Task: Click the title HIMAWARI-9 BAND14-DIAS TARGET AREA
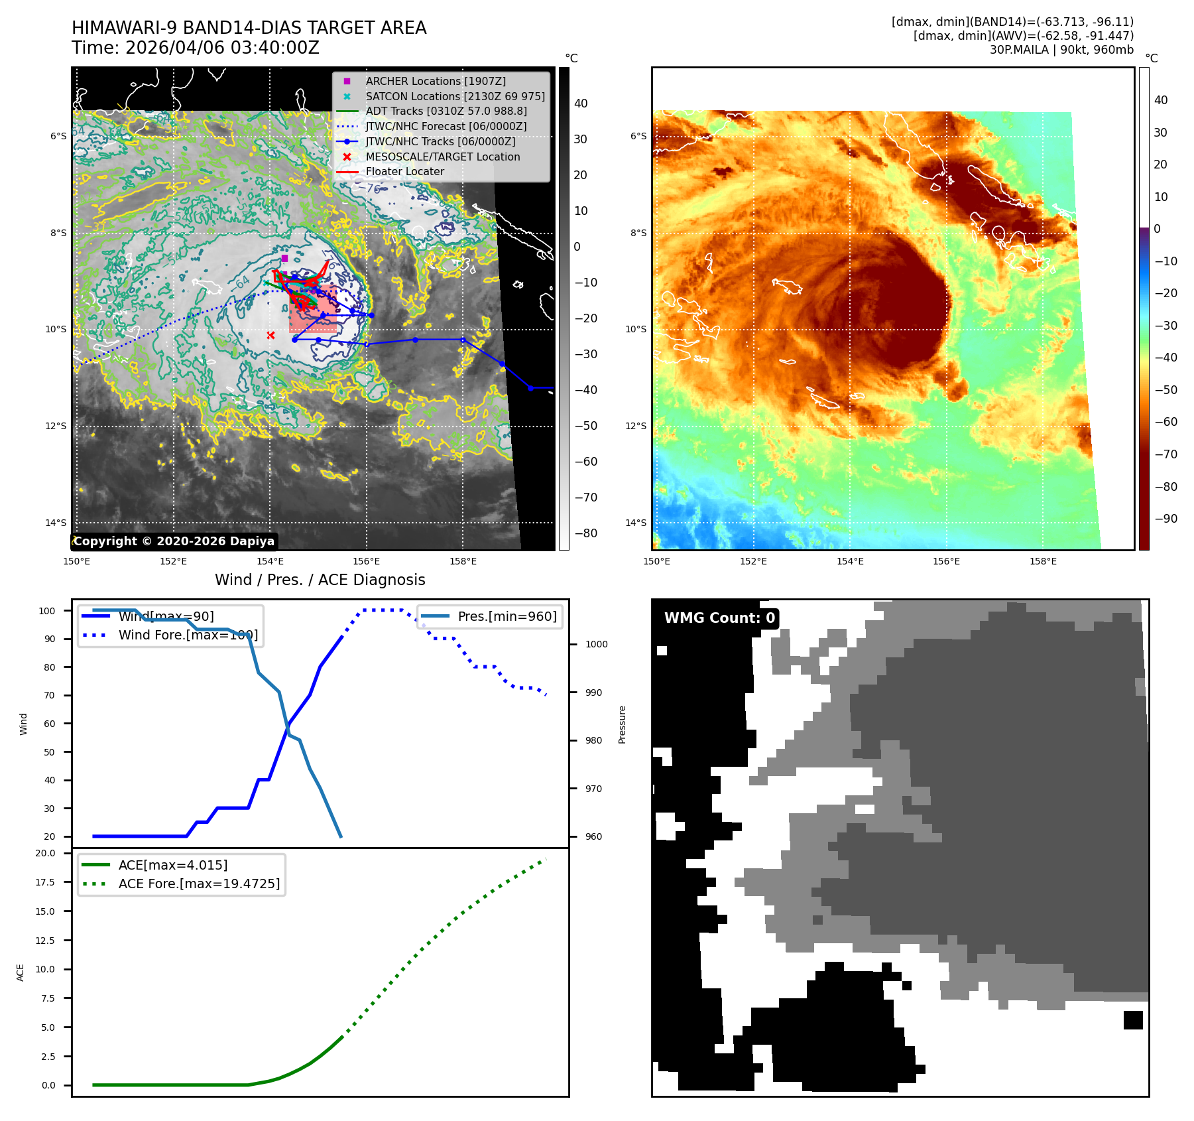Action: (x=249, y=28)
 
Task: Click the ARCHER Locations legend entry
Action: (x=435, y=81)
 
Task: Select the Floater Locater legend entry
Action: (x=404, y=171)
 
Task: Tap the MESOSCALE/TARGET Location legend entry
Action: (x=442, y=157)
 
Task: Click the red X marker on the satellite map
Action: (x=270, y=335)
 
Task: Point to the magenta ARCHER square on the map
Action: (x=284, y=258)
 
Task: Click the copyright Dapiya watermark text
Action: (x=174, y=541)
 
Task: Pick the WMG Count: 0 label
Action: (x=719, y=618)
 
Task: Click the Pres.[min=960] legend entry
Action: (x=507, y=616)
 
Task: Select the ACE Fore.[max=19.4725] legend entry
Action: (x=199, y=884)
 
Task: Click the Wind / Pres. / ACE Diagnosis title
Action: (x=320, y=580)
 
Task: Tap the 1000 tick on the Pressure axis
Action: (x=596, y=644)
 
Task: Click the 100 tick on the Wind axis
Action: (x=47, y=611)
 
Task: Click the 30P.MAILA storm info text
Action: (x=1061, y=50)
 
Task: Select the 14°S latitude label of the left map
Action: (x=56, y=523)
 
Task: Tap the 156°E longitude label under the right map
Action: (x=946, y=561)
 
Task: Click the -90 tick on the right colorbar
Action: (x=1165, y=519)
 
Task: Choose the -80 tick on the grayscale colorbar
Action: (x=585, y=533)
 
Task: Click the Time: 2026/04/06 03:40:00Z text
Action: (x=196, y=48)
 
